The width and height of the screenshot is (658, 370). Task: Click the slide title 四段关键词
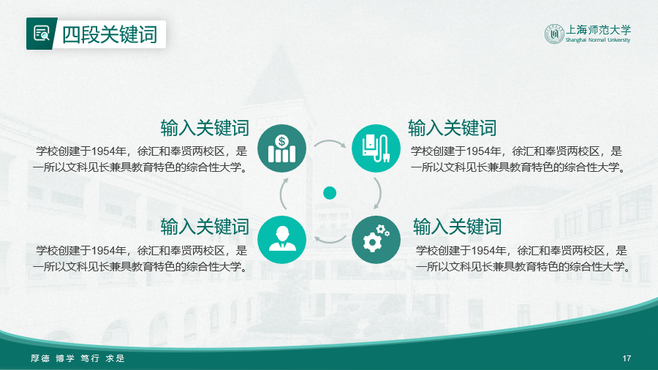click(110, 34)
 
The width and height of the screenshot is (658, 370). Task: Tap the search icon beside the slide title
click(42, 34)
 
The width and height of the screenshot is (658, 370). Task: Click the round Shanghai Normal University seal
click(554, 34)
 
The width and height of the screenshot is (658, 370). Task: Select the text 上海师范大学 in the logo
click(598, 30)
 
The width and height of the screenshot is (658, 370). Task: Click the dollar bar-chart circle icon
click(281, 148)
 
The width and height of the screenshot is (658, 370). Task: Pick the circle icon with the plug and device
click(376, 148)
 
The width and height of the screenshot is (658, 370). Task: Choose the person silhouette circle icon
click(281, 240)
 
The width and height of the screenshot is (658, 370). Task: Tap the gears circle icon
click(376, 240)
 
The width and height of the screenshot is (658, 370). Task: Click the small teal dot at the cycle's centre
click(330, 193)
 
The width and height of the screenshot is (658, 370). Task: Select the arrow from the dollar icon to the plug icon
click(330, 141)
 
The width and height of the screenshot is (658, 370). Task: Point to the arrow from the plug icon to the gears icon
click(379, 193)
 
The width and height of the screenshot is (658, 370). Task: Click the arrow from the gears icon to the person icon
click(330, 241)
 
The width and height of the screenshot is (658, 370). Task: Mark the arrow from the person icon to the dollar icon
click(281, 194)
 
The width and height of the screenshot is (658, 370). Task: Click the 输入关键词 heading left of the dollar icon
click(205, 128)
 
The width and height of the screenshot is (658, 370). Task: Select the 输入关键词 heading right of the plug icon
click(453, 128)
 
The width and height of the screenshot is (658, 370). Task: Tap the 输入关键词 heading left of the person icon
click(205, 227)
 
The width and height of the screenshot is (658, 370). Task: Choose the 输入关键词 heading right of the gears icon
click(458, 227)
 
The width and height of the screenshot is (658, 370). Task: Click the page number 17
click(627, 358)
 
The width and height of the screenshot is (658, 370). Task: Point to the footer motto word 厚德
click(40, 358)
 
